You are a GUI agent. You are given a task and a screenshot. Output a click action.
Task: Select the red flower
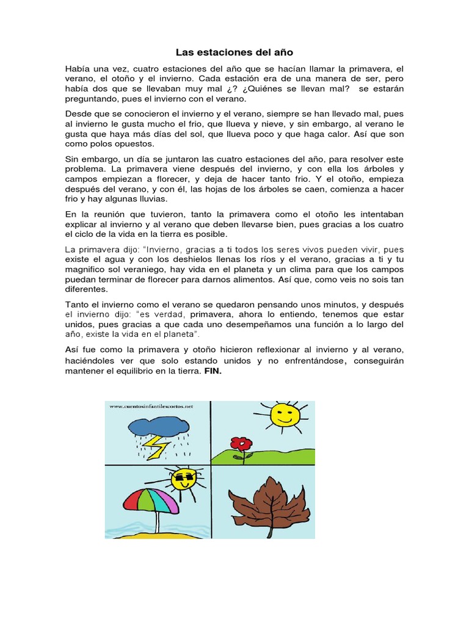242,443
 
